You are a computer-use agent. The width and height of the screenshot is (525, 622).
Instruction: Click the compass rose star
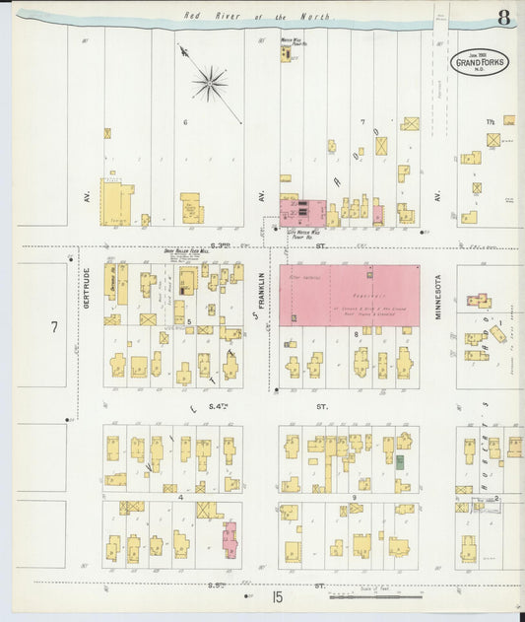(210, 85)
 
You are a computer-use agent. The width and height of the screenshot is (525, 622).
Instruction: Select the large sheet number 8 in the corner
(503, 18)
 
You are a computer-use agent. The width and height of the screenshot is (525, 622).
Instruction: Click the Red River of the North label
(258, 17)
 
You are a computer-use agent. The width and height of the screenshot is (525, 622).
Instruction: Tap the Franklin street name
(262, 293)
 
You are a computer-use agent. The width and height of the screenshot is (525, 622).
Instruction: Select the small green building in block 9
(401, 460)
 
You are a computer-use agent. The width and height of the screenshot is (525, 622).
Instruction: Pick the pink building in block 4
(230, 539)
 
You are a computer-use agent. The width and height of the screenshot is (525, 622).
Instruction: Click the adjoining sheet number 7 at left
(55, 325)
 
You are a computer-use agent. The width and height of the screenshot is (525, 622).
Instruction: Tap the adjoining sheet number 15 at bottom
(279, 596)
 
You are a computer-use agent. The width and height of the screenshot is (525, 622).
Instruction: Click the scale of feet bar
(374, 595)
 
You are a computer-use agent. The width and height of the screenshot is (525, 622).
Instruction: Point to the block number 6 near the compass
(184, 122)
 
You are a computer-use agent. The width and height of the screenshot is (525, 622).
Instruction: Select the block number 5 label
(187, 321)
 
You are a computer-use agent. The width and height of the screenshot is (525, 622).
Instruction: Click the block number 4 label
(181, 498)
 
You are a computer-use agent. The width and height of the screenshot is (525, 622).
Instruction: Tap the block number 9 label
(354, 498)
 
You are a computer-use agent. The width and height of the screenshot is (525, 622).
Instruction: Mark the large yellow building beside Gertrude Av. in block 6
(117, 202)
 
